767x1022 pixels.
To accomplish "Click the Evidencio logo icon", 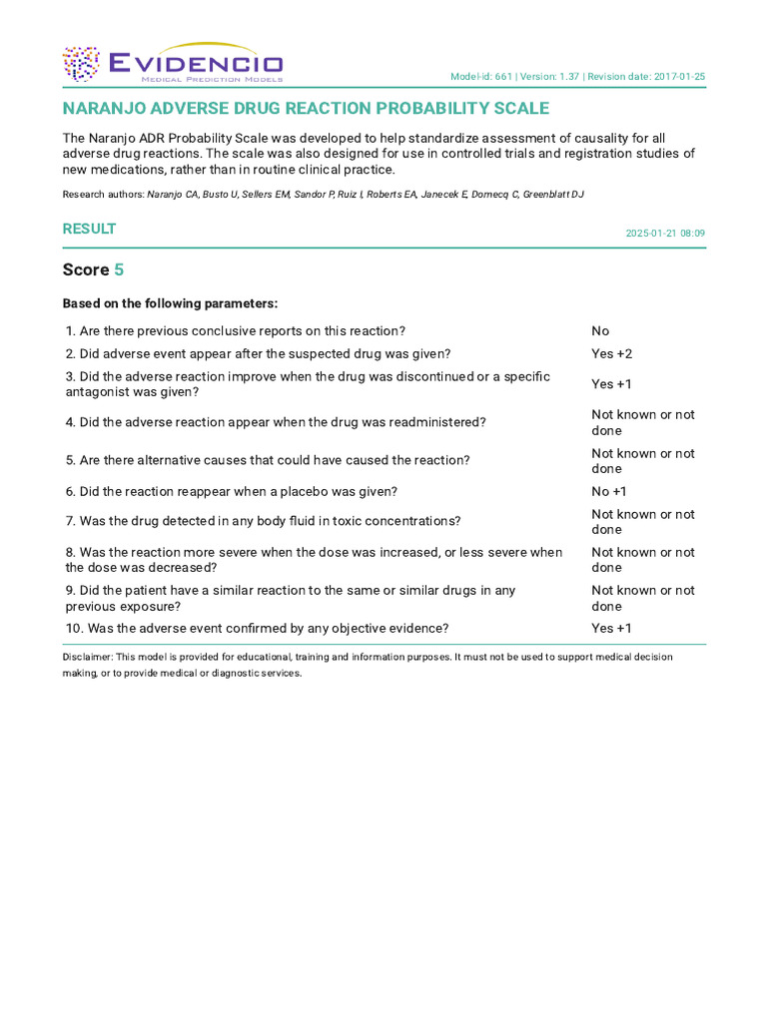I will (x=81, y=64).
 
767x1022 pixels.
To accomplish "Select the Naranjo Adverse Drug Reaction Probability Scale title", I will (x=306, y=108).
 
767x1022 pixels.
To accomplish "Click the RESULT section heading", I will (x=89, y=229).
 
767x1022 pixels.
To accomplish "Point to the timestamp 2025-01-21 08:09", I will (x=665, y=233).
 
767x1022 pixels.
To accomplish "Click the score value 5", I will (x=119, y=269).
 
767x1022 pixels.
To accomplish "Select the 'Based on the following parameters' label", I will (x=170, y=303).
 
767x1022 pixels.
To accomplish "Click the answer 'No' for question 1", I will (x=600, y=331).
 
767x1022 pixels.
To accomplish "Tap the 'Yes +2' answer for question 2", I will (x=611, y=354).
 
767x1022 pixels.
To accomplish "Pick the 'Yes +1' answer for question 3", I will (x=611, y=384).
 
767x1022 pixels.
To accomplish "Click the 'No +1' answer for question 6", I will (x=608, y=492).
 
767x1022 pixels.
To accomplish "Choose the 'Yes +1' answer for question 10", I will (x=611, y=629).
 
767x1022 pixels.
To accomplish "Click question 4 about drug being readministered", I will (x=276, y=422).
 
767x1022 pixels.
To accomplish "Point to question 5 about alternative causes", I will (x=268, y=460).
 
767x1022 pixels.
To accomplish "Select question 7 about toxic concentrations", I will (x=263, y=521).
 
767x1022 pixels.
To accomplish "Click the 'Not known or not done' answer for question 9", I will (x=642, y=598).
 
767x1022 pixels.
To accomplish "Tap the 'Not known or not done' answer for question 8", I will (x=642, y=560).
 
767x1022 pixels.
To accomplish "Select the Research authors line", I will (x=323, y=194).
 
